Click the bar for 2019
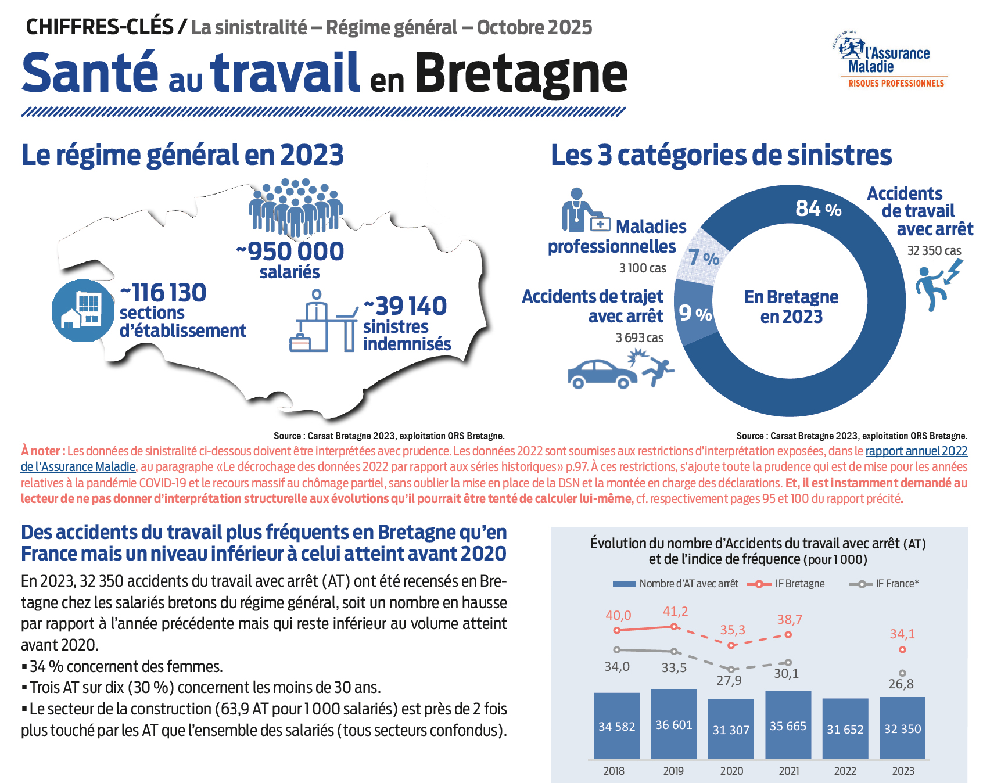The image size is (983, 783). point(674,724)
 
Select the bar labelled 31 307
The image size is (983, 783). point(731,729)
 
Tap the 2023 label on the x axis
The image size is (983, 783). point(903,771)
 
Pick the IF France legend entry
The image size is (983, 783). point(884,584)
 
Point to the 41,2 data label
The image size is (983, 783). point(675,611)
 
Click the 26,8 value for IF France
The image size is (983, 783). point(901,684)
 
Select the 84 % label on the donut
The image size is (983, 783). point(818,209)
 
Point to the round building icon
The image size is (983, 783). point(82,311)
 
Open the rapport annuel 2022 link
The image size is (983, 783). point(916,451)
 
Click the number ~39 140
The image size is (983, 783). point(405,306)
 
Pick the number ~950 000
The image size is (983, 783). point(290,252)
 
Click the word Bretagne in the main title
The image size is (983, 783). point(521,74)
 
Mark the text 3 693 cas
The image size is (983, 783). point(639,337)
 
